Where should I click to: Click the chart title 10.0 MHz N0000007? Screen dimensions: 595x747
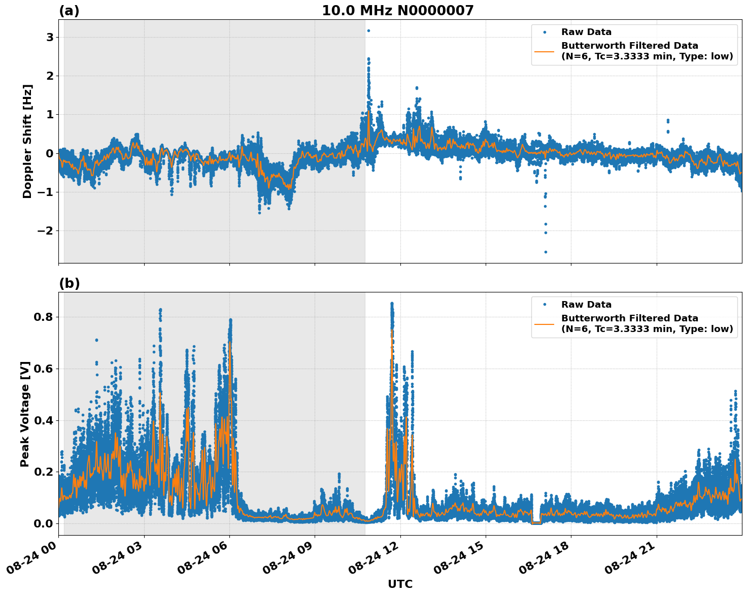(397, 11)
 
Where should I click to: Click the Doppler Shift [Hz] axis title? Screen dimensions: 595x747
(27, 141)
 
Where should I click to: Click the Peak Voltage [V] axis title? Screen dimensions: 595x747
(25, 414)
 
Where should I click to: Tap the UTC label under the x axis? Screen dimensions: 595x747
(400, 584)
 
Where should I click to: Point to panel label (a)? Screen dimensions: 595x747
(69, 11)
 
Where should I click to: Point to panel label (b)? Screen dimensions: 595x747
(70, 283)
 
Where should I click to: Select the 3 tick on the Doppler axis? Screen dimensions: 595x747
(50, 38)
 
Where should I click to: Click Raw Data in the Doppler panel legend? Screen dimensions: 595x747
(586, 32)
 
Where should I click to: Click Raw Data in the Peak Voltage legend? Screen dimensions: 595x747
(586, 305)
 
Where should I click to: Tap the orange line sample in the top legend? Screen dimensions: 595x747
(544, 51)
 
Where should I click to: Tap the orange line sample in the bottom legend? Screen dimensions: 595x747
(544, 323)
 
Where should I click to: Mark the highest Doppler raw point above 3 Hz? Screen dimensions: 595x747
(368, 30)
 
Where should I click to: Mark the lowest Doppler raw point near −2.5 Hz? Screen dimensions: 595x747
(546, 252)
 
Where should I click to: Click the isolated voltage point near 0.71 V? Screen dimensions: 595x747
(96, 340)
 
